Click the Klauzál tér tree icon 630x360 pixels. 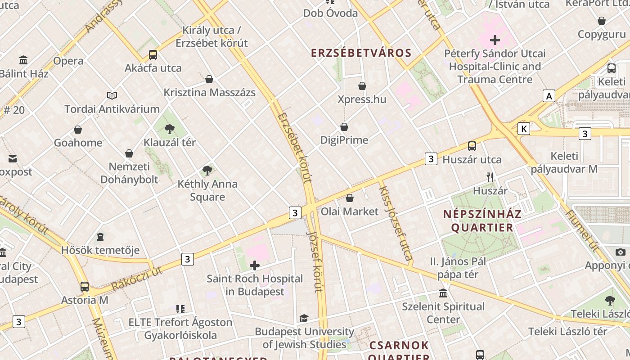[170, 130]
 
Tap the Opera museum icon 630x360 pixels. [23, 60]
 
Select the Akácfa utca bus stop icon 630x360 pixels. [153, 55]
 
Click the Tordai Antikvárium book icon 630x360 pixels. [112, 95]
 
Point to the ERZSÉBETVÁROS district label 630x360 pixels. [355, 53]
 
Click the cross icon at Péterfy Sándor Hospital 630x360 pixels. [495, 40]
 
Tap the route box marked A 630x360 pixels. [549, 96]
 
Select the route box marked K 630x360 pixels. [523, 129]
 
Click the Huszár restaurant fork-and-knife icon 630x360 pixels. [490, 177]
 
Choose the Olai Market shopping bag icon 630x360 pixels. [350, 198]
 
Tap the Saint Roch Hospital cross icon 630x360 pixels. [255, 265]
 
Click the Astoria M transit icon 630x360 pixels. [85, 287]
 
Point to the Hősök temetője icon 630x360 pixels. [100, 237]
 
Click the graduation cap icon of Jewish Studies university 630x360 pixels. [304, 319]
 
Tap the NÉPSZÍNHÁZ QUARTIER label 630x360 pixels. [482, 220]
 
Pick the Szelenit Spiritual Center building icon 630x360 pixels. [443, 293]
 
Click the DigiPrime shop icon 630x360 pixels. [344, 127]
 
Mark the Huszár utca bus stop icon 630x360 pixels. [472, 146]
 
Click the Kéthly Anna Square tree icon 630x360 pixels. [207, 171]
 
